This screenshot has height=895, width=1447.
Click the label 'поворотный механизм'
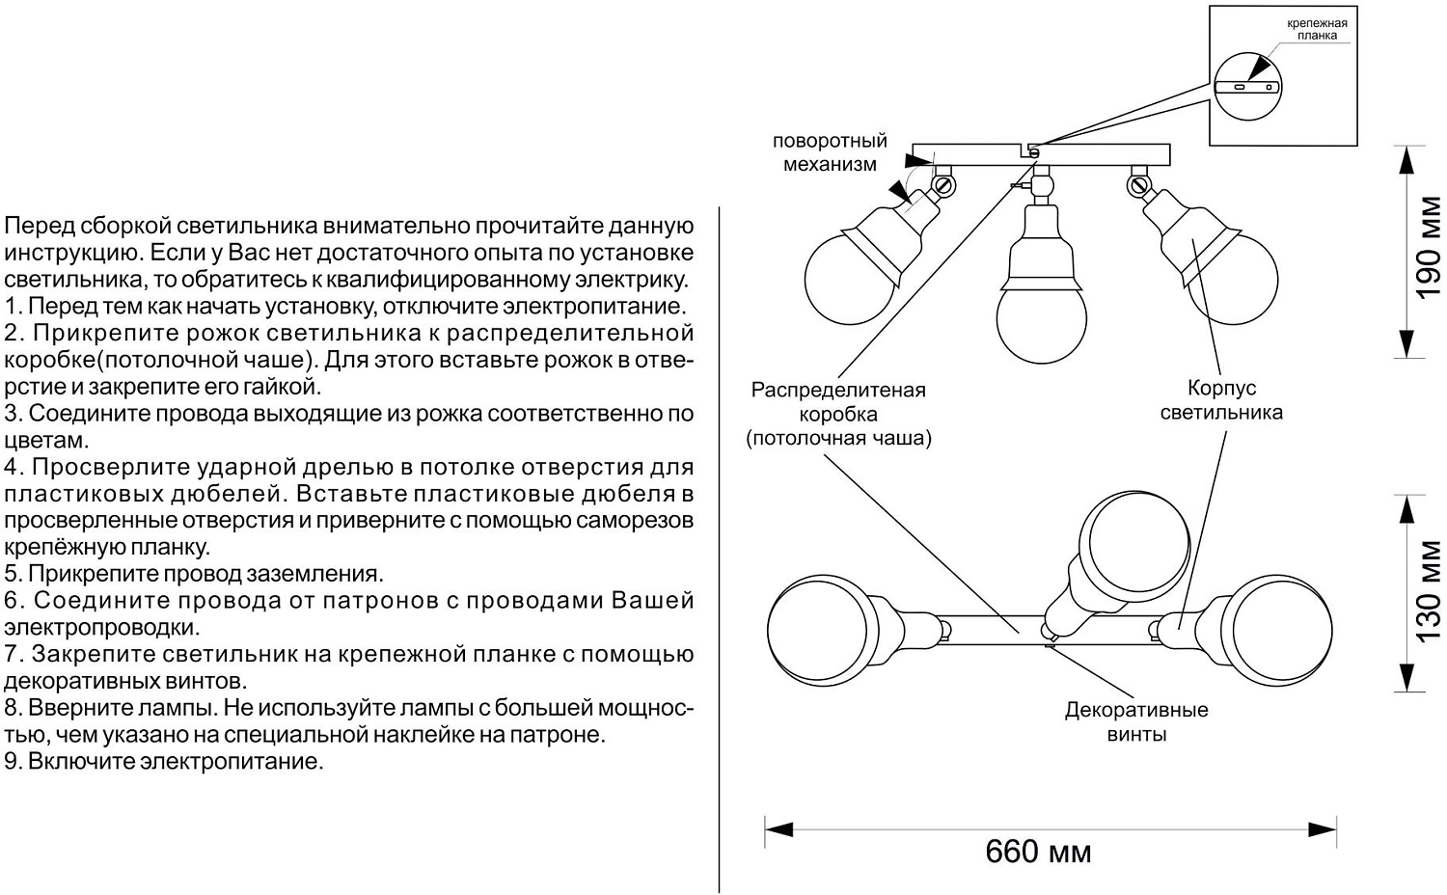(830, 152)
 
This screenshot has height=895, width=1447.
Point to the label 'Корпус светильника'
(1221, 400)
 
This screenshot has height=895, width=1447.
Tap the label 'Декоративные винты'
(1136, 722)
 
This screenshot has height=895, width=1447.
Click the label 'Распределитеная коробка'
(838, 402)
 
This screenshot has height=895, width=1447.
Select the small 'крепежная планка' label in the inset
(1316, 29)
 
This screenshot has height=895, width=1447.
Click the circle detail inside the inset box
(1247, 87)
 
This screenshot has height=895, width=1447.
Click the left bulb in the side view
(844, 279)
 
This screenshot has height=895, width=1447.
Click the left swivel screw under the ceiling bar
(944, 182)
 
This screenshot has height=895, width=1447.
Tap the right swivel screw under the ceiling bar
(1139, 182)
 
